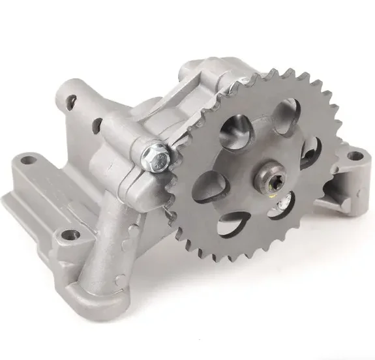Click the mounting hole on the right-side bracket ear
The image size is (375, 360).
pos(354,156)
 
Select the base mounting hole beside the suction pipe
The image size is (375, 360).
pos(68,234)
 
